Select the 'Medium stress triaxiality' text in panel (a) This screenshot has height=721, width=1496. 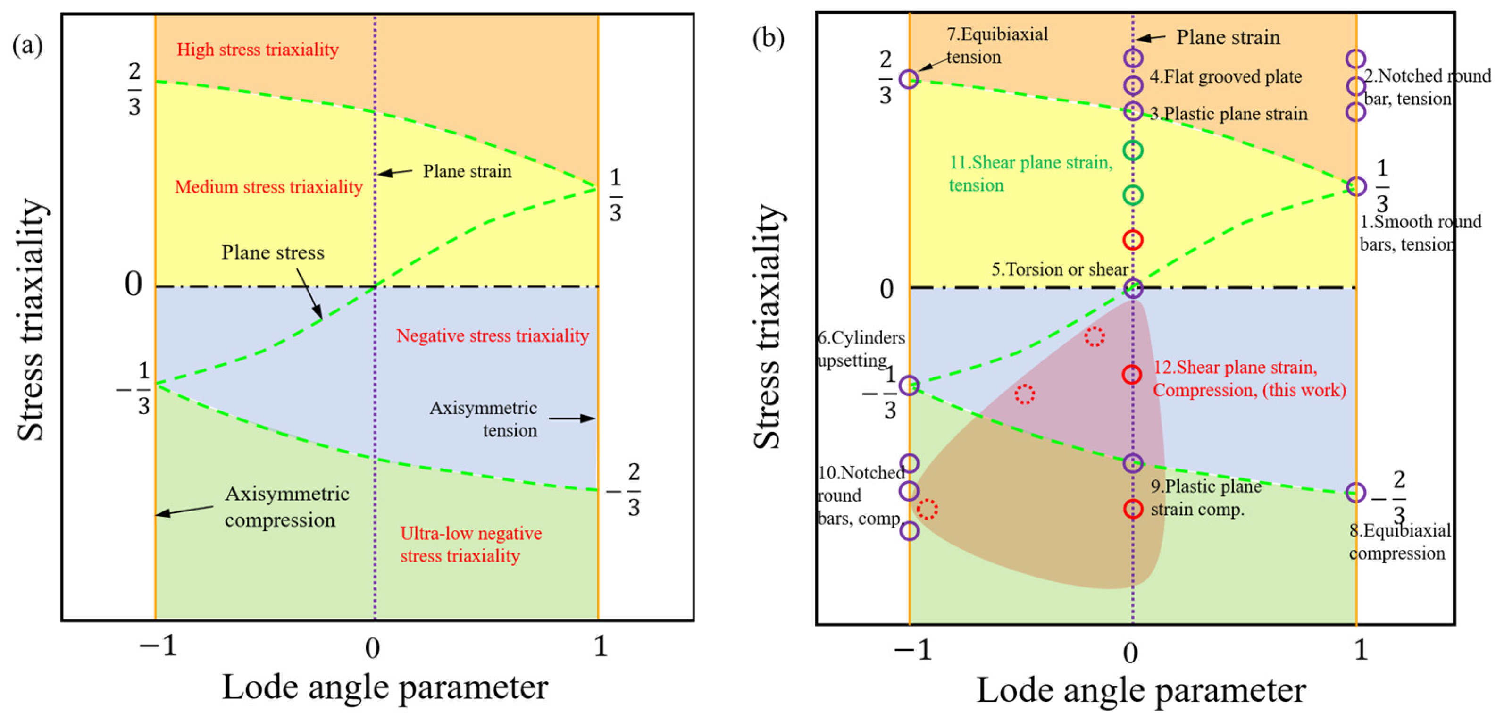[268, 187]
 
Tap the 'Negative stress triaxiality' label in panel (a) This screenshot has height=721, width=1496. [493, 336]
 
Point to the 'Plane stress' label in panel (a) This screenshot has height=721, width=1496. [273, 253]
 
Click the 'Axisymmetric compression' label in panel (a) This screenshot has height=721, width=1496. [287, 507]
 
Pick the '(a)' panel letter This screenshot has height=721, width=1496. [27, 45]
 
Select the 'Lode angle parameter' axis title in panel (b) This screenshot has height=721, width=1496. [1141, 691]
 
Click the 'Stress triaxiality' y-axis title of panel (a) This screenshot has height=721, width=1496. [30, 319]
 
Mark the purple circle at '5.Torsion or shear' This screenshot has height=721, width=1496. [1132, 288]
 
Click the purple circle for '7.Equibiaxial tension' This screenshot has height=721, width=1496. [909, 79]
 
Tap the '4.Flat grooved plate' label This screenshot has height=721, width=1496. [1225, 77]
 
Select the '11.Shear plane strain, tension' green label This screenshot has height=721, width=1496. [1030, 174]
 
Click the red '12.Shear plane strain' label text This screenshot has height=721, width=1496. [1249, 378]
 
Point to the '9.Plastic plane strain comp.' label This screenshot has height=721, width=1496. [1206, 498]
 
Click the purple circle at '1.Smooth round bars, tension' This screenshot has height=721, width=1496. [1355, 186]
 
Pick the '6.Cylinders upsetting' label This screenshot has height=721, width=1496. [860, 349]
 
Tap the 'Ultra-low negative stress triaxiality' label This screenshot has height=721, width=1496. [470, 545]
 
